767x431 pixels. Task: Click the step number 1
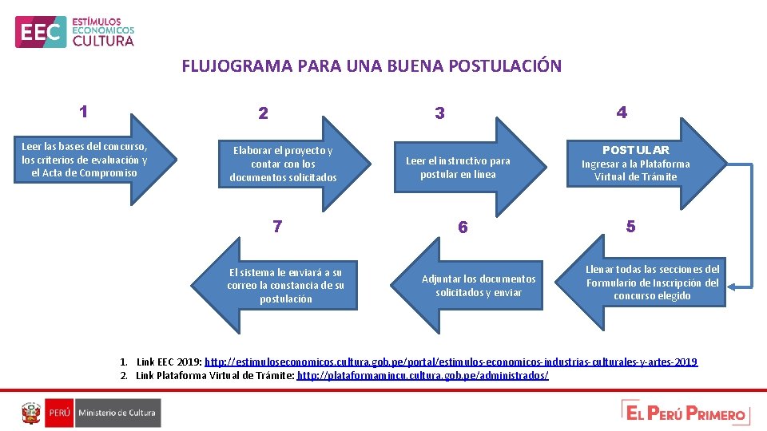[84, 112]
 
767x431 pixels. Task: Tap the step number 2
[263, 113]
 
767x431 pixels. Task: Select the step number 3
[439, 113]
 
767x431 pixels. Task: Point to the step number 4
[622, 113]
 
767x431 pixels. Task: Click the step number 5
[630, 227]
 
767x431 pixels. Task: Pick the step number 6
[463, 227]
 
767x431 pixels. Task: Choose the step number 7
[276, 227]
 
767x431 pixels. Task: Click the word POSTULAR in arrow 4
[636, 150]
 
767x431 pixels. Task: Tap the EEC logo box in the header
[40, 32]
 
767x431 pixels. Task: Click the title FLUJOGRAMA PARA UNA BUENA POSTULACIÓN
[372, 66]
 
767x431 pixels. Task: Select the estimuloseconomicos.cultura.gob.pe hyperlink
[451, 362]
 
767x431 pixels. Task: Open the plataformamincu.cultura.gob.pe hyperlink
[423, 375]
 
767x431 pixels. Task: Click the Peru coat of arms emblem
[31, 413]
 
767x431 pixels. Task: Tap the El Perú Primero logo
[686, 413]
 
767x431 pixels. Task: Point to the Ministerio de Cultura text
[117, 413]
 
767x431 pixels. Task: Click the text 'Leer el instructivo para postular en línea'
[458, 168]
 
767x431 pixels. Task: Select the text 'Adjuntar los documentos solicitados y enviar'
[479, 286]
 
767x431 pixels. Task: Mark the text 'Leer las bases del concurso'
[84, 147]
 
